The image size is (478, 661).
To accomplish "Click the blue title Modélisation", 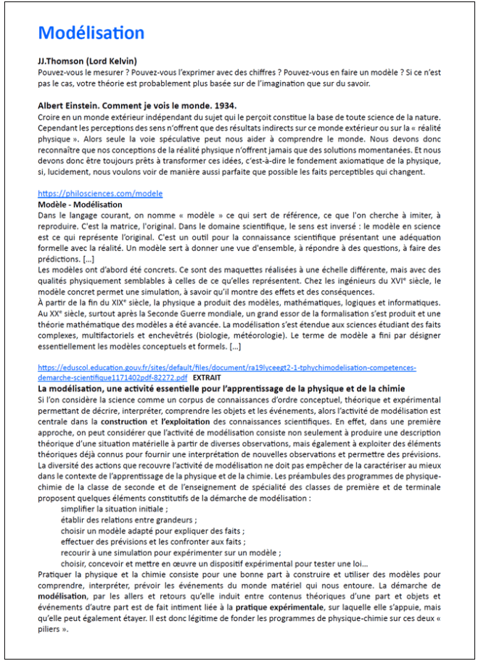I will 91,33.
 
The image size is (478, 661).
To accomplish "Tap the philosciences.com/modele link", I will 100,194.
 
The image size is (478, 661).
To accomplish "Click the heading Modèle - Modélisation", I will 80,205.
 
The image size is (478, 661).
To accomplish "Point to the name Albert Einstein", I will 67,106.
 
